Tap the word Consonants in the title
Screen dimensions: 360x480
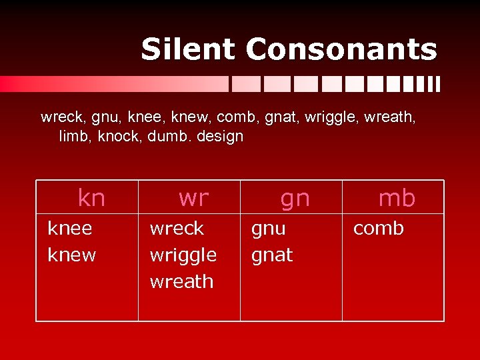coord(341,49)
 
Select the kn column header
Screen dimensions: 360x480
coord(91,198)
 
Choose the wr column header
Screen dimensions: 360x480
coord(193,198)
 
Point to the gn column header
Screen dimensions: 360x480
coord(295,198)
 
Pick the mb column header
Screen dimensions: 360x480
coord(397,198)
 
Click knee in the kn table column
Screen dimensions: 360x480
coord(70,229)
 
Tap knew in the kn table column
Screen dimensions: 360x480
coord(72,255)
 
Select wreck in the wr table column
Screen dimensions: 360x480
coord(177,229)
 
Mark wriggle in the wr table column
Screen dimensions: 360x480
coord(183,255)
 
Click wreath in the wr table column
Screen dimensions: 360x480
coord(181,282)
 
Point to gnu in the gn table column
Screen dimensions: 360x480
coord(268,229)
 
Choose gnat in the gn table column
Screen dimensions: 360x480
coord(271,255)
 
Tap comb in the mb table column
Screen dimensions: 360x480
coord(378,229)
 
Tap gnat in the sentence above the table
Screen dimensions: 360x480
coord(282,119)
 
